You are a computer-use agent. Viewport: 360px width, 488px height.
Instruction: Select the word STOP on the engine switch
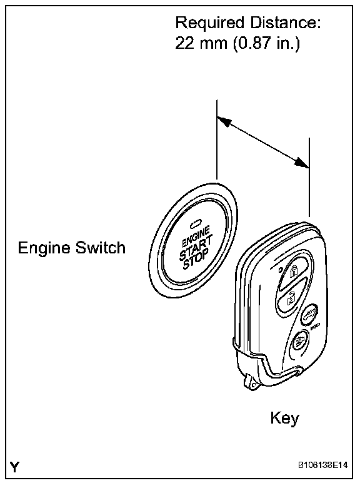coord(196,259)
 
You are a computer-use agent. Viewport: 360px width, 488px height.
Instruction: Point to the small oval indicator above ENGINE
coord(196,223)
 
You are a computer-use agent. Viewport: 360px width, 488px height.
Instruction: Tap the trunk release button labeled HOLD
coord(309,315)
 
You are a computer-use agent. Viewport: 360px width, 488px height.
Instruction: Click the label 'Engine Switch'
coord(72,248)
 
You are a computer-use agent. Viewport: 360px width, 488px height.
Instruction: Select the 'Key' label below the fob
coord(285,419)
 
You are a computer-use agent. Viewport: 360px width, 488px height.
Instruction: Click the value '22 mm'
coord(201,43)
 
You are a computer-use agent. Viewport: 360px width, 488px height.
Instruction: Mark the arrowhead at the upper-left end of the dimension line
coord(224,121)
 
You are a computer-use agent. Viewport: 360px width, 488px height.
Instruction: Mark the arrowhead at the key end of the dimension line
coord(301,162)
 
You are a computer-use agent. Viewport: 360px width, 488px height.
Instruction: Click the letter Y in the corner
coord(14,467)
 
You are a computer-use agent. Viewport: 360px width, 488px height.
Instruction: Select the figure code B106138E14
coord(322,465)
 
